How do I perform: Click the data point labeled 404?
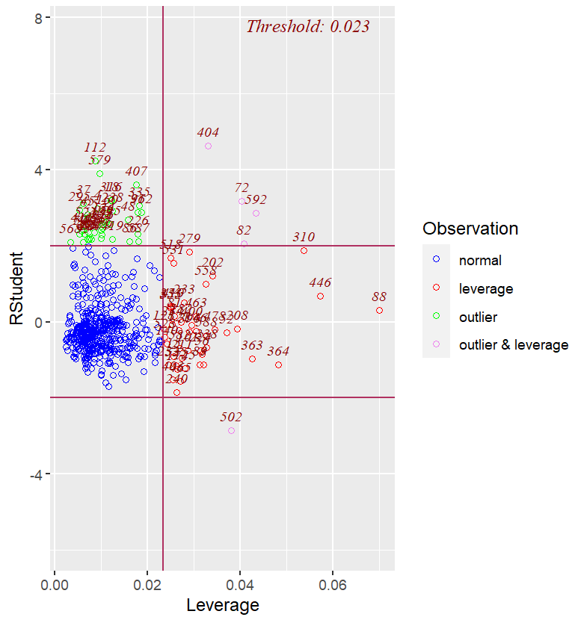coord(208,146)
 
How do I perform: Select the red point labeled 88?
coord(379,310)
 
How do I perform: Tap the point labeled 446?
coord(320,297)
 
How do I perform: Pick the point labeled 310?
coord(304,250)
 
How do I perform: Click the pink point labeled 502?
coord(231,431)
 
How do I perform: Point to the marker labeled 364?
coord(278,365)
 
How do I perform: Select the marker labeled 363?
coord(252,359)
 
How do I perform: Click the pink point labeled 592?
coord(256,213)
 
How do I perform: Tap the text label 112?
coord(95,147)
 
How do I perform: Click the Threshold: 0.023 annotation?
coord(307,27)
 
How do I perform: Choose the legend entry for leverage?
coord(485,289)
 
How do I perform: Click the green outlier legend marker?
coord(437,317)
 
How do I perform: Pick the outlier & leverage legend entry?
coord(513,344)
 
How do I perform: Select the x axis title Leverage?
coord(223,605)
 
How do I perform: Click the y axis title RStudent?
coord(16,292)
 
